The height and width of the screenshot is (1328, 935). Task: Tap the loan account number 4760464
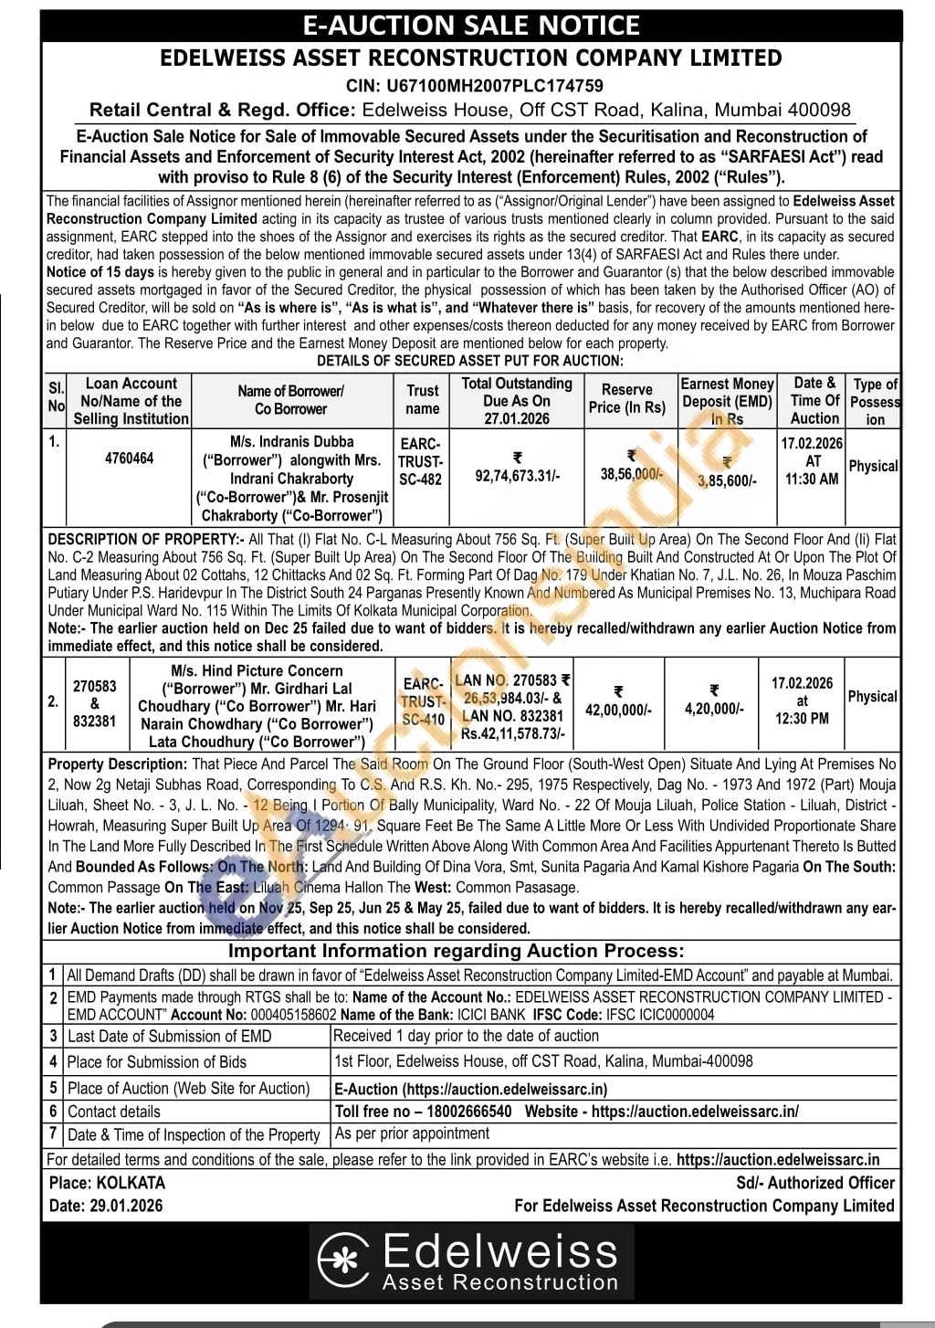[x=130, y=458]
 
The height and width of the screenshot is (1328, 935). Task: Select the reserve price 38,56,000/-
[x=631, y=474]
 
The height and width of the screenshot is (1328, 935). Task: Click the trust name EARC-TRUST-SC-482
[x=421, y=461]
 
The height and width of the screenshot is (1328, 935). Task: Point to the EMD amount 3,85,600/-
[x=727, y=480]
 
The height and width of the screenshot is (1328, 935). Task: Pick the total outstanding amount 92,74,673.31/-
[x=518, y=475]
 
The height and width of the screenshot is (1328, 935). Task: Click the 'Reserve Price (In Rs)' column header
[x=627, y=398]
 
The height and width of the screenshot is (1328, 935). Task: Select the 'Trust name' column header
[x=423, y=399]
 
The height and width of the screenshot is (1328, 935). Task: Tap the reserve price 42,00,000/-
[x=618, y=709]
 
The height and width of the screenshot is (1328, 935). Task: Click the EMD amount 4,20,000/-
[x=714, y=708]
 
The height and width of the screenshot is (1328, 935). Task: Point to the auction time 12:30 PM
[x=802, y=718]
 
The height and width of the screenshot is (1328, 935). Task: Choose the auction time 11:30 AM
[x=812, y=479]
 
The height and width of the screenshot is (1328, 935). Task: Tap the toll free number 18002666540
[x=463, y=1112]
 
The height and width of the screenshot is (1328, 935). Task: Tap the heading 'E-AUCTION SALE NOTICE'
[x=471, y=25]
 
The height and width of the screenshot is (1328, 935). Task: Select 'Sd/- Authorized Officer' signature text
[x=815, y=1183]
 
